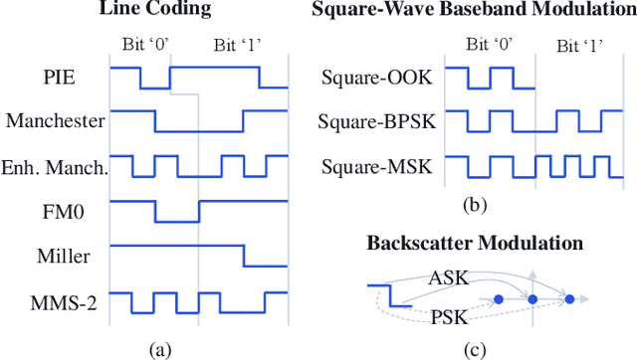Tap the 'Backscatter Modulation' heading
[x=476, y=243]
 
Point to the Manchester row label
[x=55, y=121]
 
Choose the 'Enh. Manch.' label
[x=54, y=166]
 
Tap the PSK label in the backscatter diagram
[x=445, y=317]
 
